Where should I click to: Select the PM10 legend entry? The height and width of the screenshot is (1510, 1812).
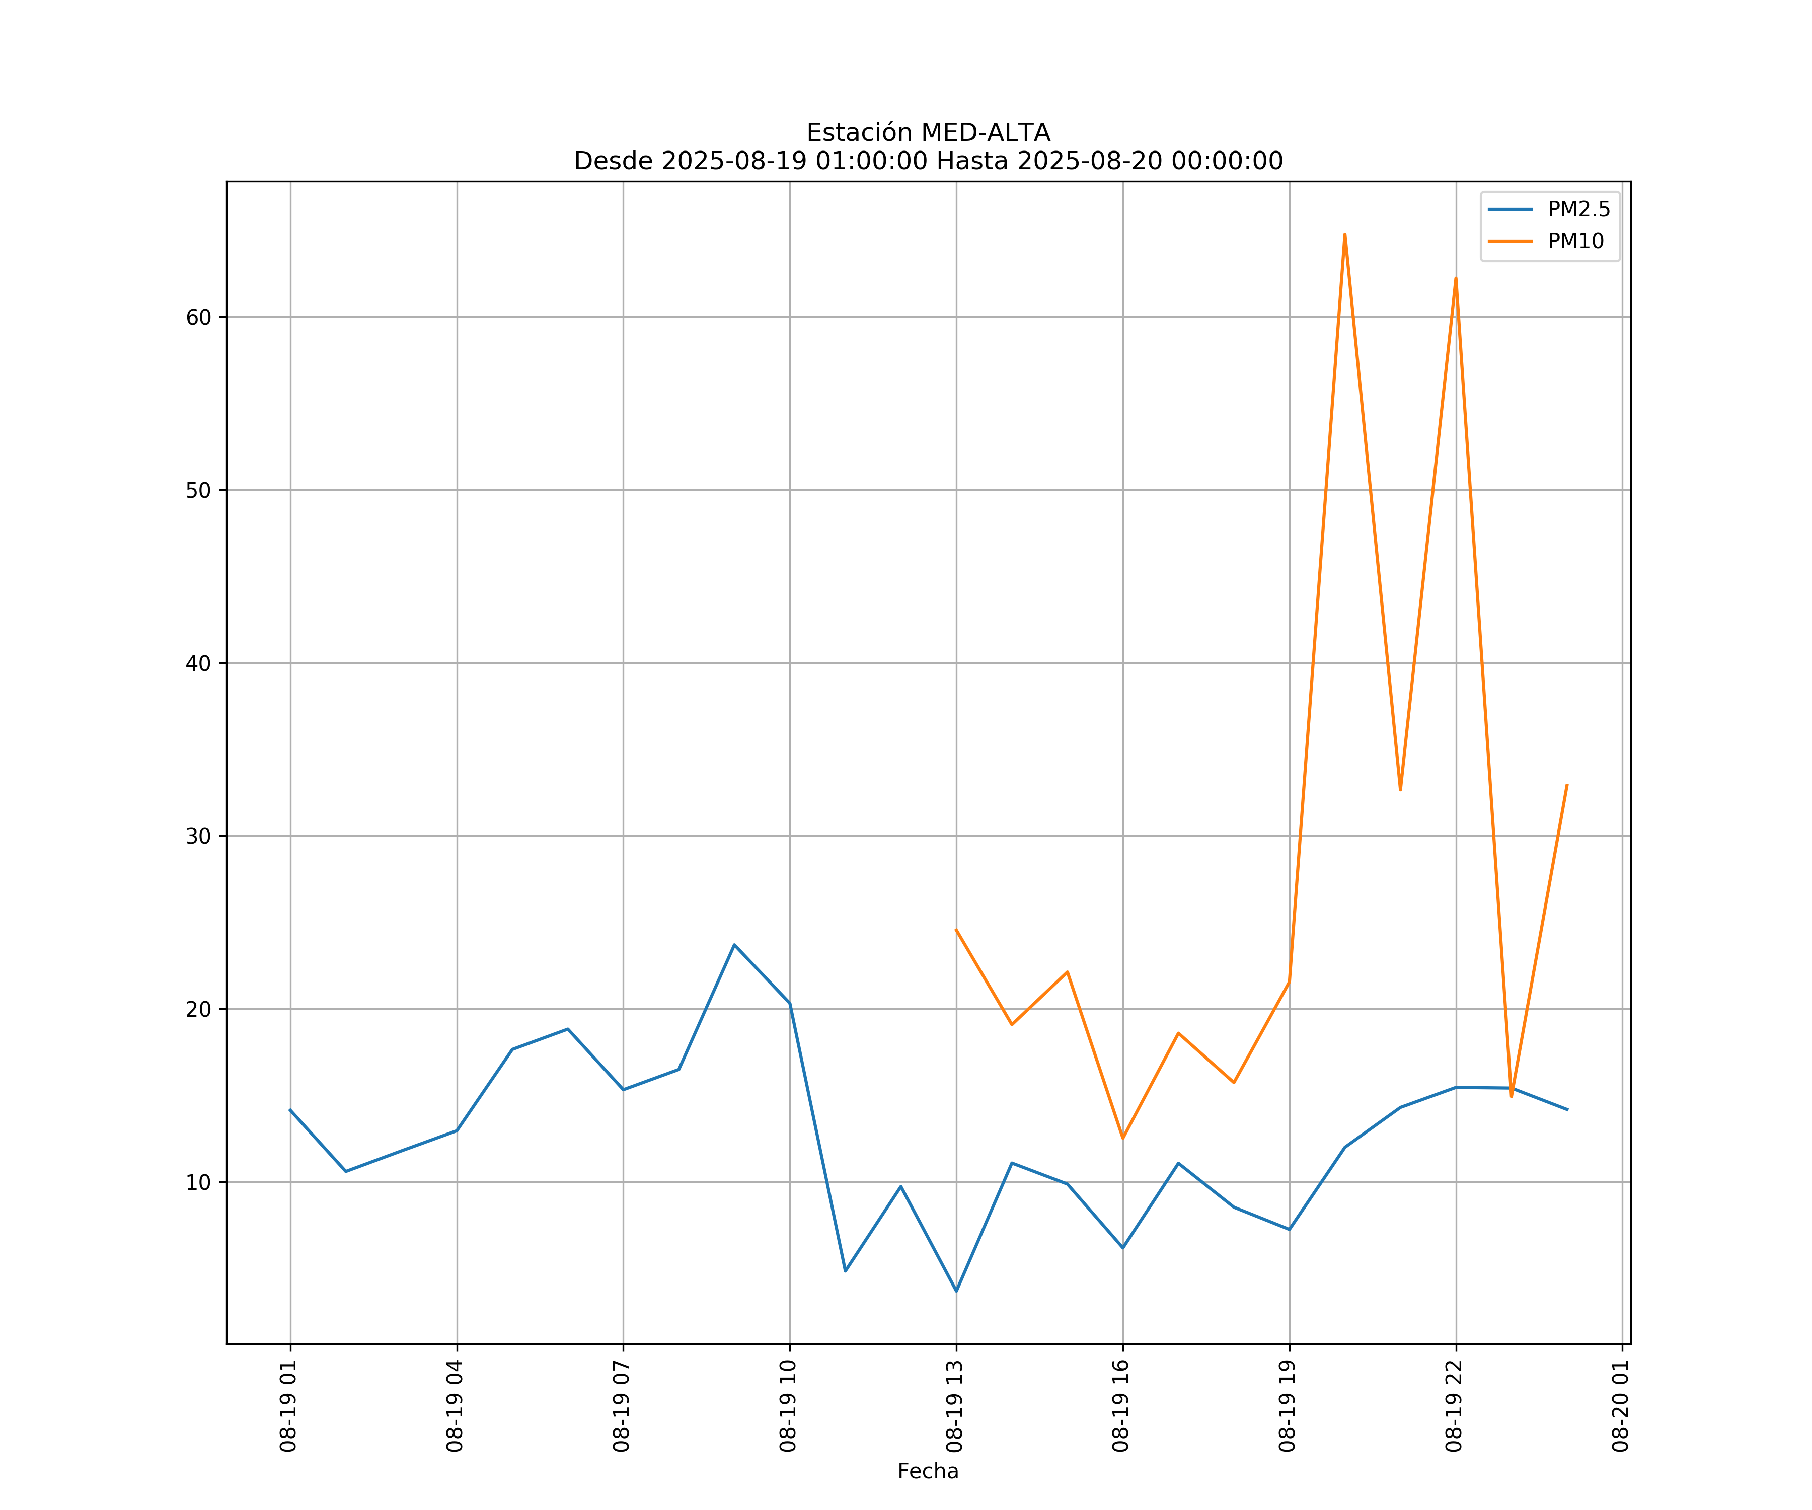1575,242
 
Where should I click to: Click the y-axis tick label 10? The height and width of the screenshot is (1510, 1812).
198,1182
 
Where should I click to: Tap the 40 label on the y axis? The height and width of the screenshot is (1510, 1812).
198,663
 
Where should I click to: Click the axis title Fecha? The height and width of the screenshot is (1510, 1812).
928,1471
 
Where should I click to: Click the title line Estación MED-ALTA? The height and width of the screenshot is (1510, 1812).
928,133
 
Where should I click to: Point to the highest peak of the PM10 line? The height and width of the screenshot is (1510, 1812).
1344,234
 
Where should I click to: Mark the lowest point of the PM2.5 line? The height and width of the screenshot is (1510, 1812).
956,1291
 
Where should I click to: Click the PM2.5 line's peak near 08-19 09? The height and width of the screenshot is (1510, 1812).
734,945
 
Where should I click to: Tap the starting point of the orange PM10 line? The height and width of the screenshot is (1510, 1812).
956,929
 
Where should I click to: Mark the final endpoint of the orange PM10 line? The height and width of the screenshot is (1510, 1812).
1567,785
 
